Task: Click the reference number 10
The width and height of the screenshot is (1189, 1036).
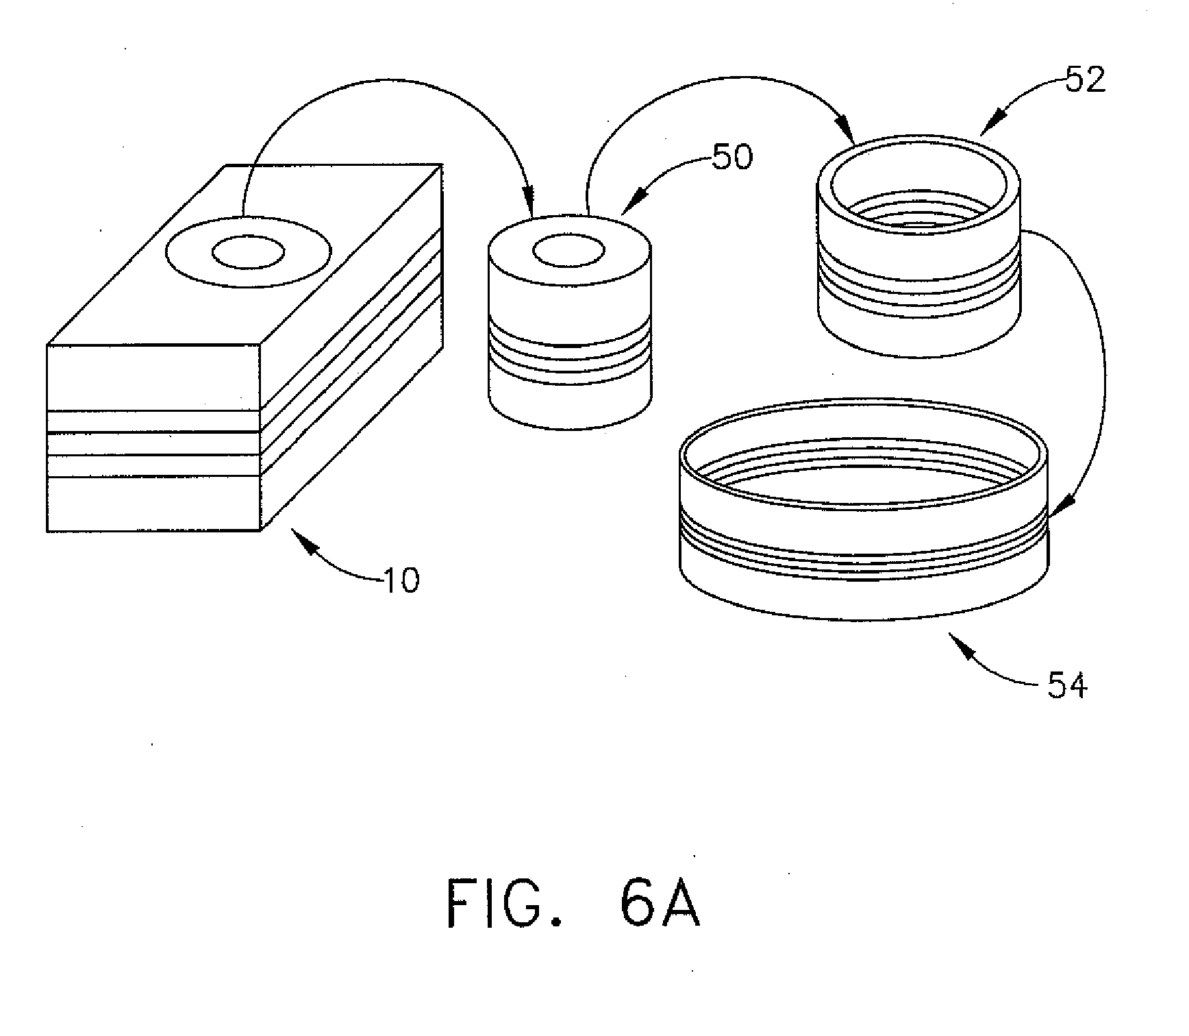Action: (401, 581)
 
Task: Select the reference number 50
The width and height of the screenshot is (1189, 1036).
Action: (732, 157)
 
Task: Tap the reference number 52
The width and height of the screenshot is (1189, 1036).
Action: (1086, 81)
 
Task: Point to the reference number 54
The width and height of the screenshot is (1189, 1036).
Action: (1067, 685)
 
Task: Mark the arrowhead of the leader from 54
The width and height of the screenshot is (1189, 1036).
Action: (962, 647)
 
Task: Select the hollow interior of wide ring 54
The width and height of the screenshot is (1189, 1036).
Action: (863, 473)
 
